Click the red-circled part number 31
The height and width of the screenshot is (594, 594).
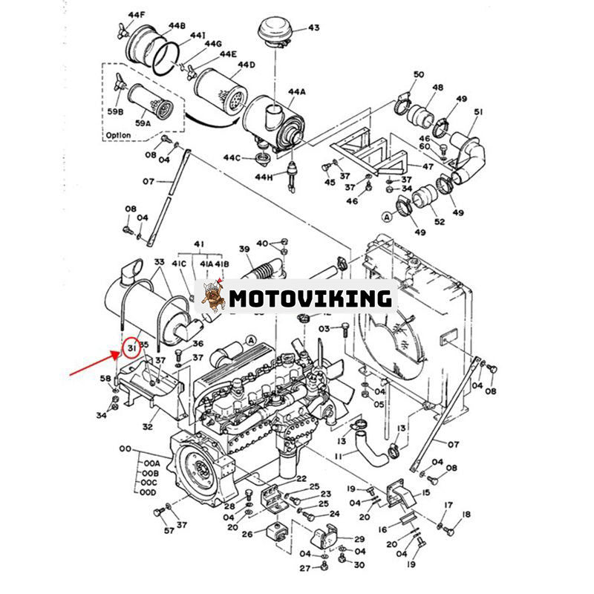coord(131,347)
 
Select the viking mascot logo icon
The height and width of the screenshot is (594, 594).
coord(214,298)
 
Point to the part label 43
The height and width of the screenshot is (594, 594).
coord(313,28)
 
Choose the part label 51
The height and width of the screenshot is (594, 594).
coord(478,112)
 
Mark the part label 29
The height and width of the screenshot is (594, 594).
coord(359,539)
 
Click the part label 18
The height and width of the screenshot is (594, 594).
coord(466,515)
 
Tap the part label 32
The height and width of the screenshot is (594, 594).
coord(147,428)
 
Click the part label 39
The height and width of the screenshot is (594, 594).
coord(244,249)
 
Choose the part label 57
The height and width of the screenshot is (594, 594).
coord(148,531)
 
